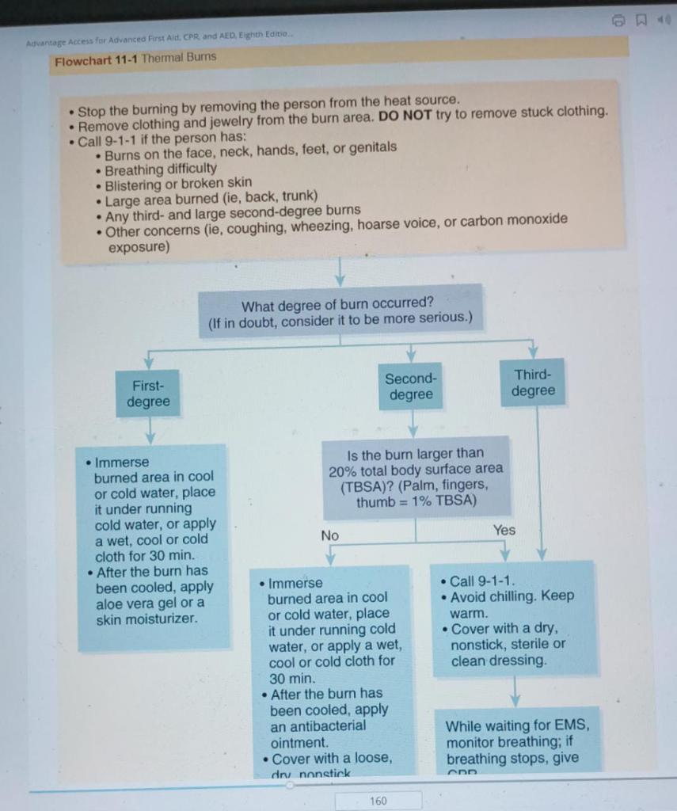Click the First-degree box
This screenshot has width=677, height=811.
pyautogui.click(x=148, y=394)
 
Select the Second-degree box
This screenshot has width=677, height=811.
pyautogui.click(x=409, y=386)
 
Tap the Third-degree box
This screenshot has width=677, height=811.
pyautogui.click(x=532, y=383)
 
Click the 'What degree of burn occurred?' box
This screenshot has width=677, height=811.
pyautogui.click(x=340, y=310)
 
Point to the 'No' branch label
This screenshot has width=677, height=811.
pyautogui.click(x=330, y=536)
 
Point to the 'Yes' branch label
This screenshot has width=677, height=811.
pyautogui.click(x=504, y=530)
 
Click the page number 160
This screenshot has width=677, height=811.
pyautogui.click(x=378, y=801)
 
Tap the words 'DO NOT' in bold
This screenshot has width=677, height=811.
pyautogui.click(x=405, y=115)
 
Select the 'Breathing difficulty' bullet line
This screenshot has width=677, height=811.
pyautogui.click(x=161, y=169)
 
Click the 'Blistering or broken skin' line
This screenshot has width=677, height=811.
pyautogui.click(x=178, y=183)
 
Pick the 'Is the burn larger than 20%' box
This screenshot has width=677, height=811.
pyautogui.click(x=416, y=478)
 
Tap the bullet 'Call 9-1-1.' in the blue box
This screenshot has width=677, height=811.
pyautogui.click(x=482, y=581)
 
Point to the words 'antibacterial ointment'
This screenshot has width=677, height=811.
pyautogui.click(x=318, y=734)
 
